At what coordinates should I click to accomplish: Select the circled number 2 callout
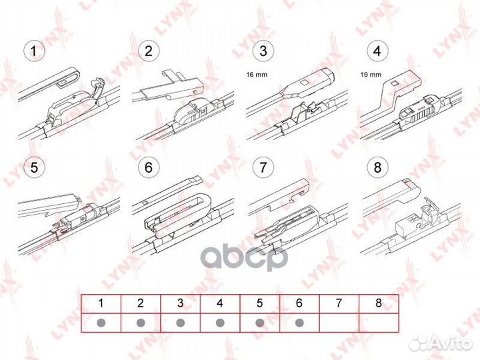148,51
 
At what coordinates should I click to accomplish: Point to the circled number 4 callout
377,51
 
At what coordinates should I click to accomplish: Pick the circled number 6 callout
148,168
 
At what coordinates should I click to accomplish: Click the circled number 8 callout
377,168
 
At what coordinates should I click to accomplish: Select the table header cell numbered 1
101,303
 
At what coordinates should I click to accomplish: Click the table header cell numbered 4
219,303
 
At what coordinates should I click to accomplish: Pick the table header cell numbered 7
339,303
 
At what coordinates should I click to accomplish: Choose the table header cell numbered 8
378,303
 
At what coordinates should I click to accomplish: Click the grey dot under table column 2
141,323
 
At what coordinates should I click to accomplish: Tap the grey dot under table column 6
299,323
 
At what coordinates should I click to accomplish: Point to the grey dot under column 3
180,323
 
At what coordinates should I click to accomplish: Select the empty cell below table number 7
339,323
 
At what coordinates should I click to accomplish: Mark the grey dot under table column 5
259,323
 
